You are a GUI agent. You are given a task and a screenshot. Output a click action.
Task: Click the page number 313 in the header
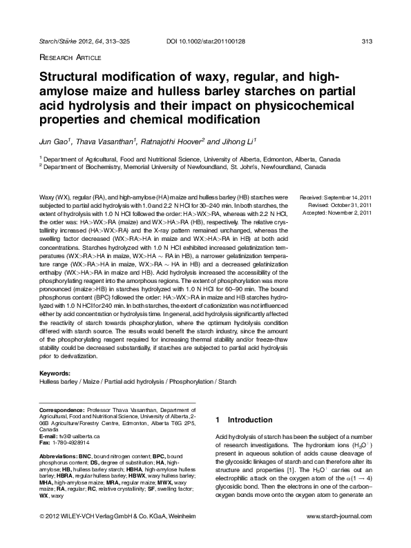pos(367,43)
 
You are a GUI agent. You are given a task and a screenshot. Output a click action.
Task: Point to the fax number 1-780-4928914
pos(77,444)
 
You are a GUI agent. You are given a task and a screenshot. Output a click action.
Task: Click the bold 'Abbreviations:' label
pos(58,457)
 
